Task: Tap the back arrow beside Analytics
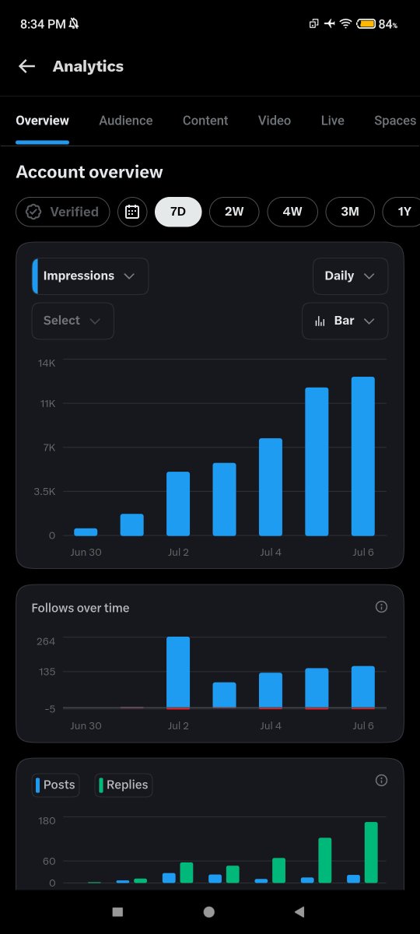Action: pos(26,66)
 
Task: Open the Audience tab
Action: pos(126,121)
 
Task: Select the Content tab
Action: pos(205,121)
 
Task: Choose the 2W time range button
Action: pos(234,212)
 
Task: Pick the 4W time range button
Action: pos(292,212)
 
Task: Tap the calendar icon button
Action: pos(132,212)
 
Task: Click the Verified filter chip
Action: pos(63,212)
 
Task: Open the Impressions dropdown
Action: pos(90,276)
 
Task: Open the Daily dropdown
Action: pos(351,276)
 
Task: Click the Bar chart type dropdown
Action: pos(345,321)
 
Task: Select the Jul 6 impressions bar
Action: pos(363,456)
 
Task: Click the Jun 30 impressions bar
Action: pos(86,532)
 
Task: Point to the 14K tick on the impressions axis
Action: pos(47,363)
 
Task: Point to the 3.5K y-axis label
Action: pos(44,491)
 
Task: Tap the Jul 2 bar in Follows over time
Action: pos(178,672)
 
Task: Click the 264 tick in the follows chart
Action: pos(46,641)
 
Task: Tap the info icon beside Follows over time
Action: pos(381,606)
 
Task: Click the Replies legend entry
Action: pos(124,785)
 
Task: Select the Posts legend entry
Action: pos(55,785)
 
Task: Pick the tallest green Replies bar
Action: pos(371,852)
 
